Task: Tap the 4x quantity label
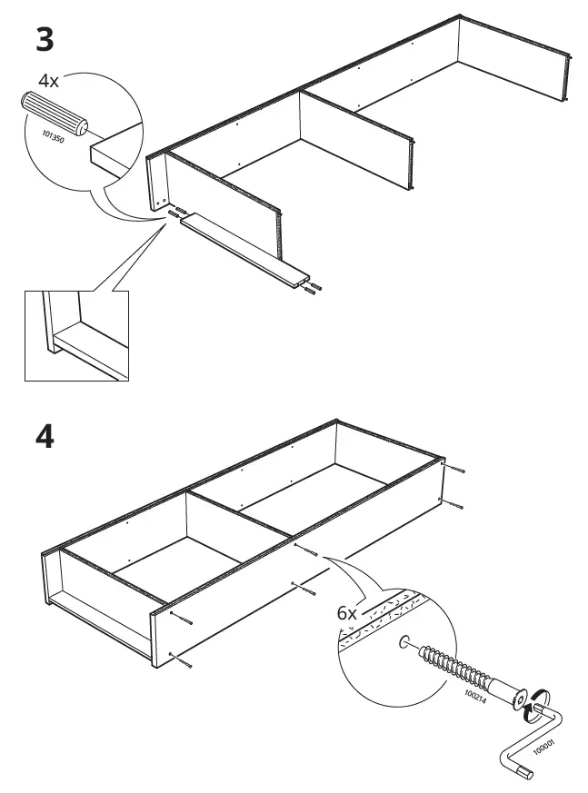48,81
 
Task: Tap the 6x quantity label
347,614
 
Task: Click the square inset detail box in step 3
77,334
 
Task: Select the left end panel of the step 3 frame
157,182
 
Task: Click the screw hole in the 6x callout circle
402,643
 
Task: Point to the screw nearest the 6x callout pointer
306,550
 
